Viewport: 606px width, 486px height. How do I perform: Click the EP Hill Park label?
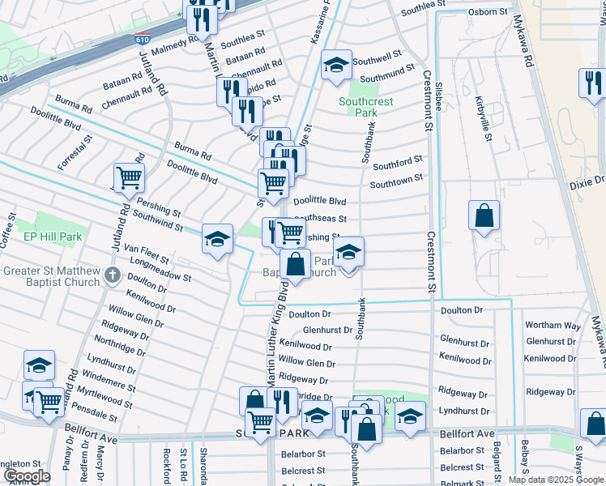[53, 237]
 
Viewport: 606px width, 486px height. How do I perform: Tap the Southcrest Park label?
[365, 107]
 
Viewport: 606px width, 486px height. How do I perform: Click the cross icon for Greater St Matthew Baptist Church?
[112, 277]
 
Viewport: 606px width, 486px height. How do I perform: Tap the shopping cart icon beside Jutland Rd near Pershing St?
[130, 177]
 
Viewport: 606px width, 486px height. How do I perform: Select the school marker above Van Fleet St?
[217, 239]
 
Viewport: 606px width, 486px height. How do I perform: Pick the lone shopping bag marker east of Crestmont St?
[484, 216]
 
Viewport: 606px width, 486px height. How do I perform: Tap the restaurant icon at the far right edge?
[593, 83]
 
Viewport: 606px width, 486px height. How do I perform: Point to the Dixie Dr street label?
[587, 184]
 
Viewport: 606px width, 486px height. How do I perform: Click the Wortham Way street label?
[553, 326]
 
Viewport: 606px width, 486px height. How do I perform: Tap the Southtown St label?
[397, 181]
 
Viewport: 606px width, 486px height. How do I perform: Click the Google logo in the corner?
[27, 475]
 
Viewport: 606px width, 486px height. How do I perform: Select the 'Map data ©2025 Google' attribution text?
[556, 480]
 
